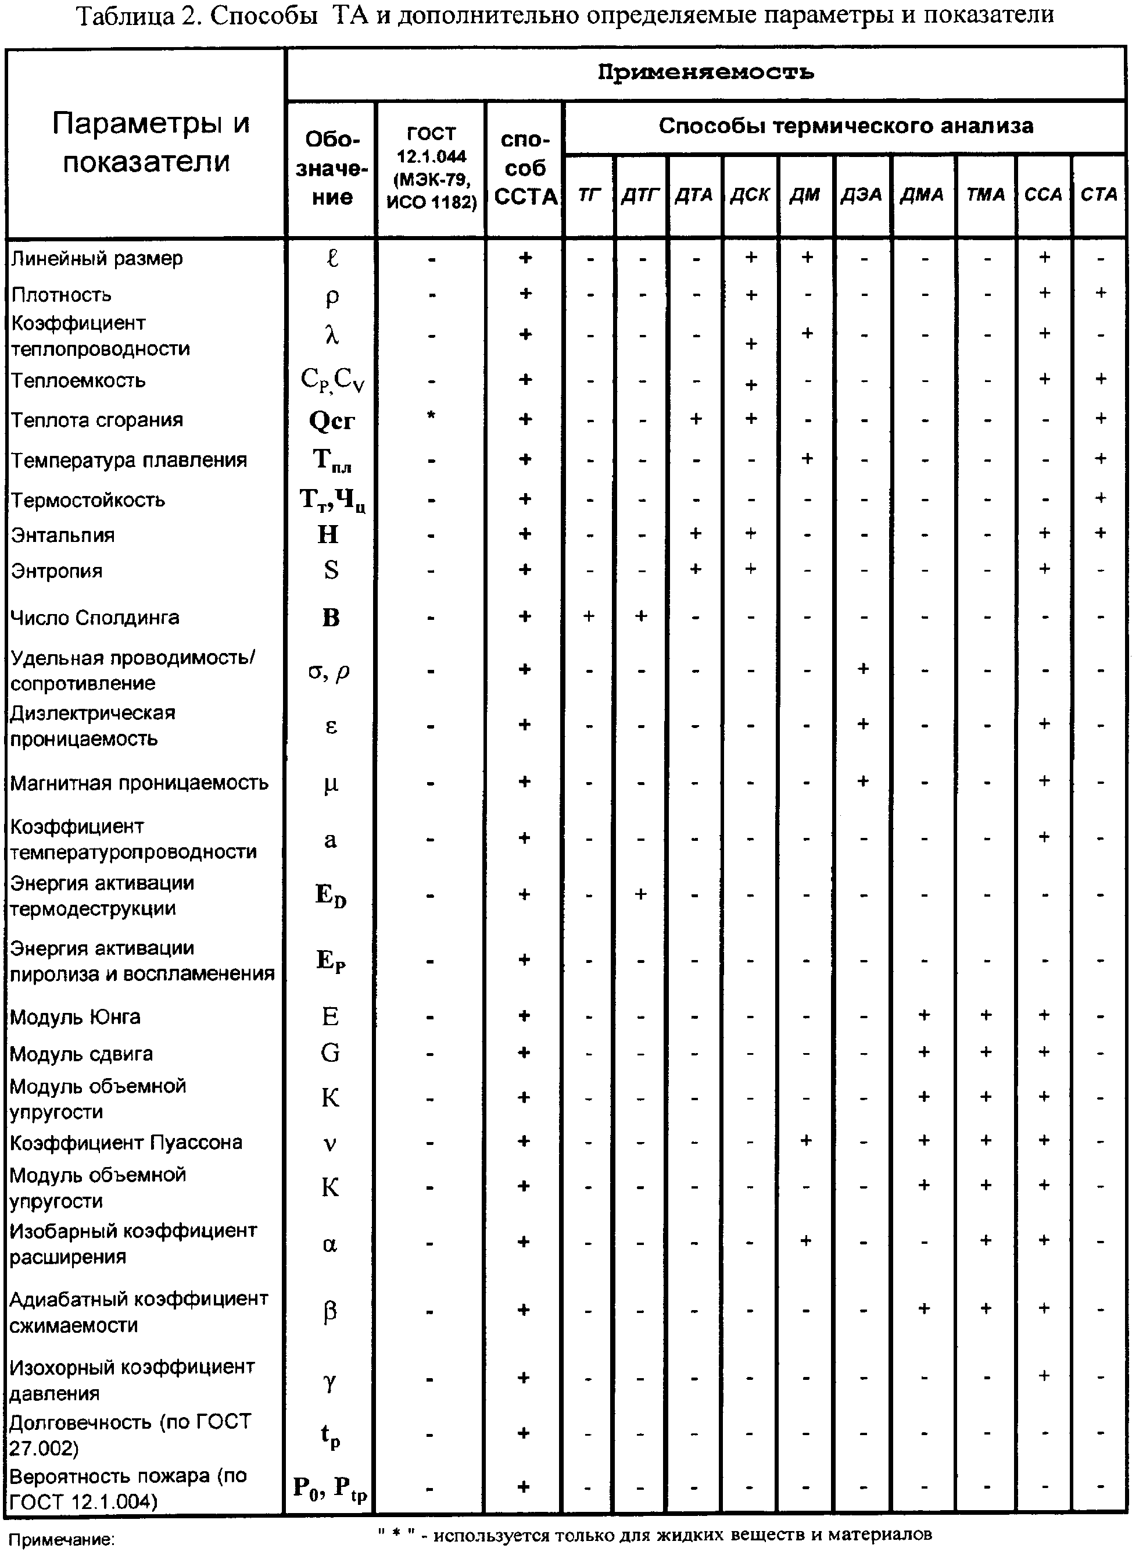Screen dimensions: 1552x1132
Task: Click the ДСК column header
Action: point(750,195)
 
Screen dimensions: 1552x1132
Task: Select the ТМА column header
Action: point(986,195)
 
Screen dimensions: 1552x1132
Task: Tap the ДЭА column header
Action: point(861,195)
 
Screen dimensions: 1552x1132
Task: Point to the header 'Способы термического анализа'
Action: point(846,126)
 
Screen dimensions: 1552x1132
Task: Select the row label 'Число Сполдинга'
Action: point(95,618)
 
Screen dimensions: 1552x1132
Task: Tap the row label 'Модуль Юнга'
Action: point(76,1016)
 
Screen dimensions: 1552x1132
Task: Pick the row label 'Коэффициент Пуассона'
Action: point(126,1143)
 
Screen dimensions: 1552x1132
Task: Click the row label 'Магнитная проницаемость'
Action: point(139,783)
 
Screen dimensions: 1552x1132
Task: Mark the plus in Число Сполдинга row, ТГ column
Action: point(589,616)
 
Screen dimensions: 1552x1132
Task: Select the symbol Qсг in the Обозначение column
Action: point(332,420)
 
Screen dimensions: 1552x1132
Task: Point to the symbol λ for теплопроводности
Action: point(332,335)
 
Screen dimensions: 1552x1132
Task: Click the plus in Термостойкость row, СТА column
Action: point(1101,498)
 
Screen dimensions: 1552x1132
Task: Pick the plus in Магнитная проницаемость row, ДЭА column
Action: point(863,781)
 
